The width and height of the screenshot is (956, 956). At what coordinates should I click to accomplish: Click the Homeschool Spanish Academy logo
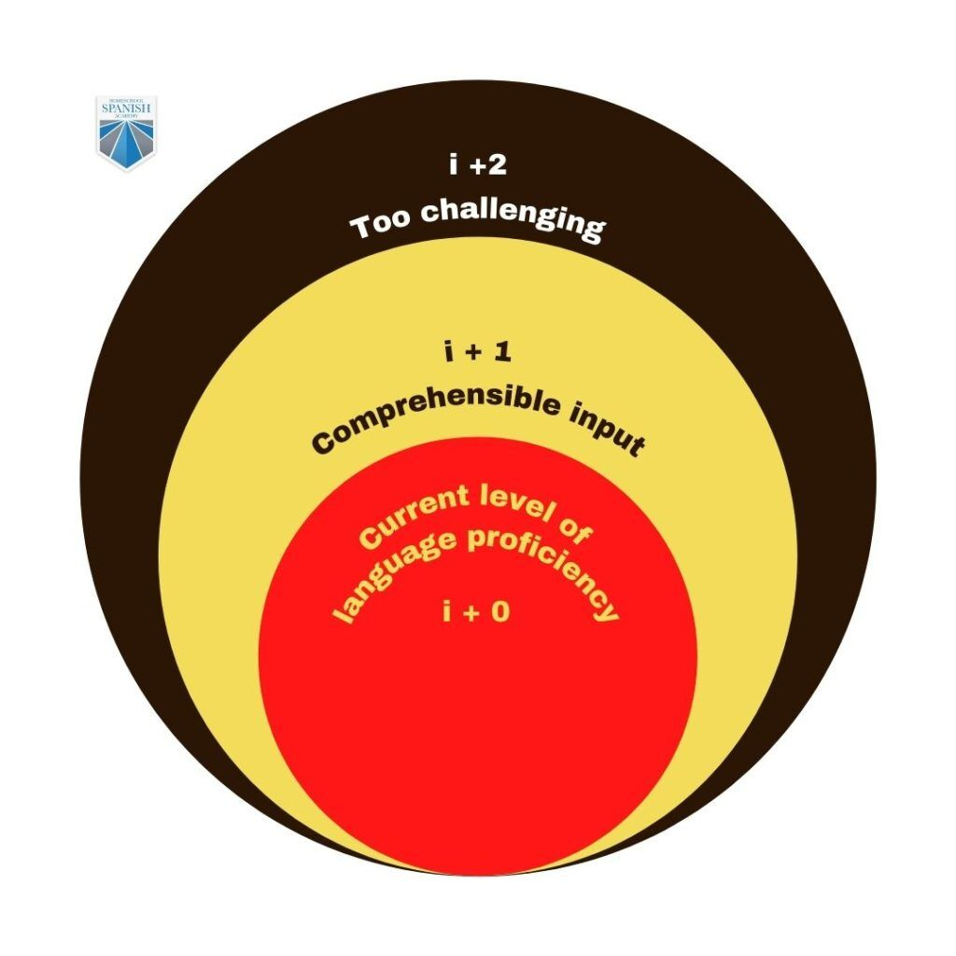(x=127, y=133)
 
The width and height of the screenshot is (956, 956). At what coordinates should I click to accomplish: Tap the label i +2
(x=477, y=167)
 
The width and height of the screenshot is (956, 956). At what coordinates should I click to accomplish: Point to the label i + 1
(x=477, y=354)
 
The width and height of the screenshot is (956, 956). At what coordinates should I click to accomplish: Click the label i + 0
(x=476, y=613)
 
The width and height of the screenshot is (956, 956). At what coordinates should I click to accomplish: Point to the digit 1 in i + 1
(x=504, y=354)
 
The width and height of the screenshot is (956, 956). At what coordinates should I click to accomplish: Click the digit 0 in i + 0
(x=501, y=613)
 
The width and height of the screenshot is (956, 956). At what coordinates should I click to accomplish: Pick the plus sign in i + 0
(x=475, y=614)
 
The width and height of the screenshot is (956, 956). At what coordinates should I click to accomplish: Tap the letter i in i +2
(x=453, y=167)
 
